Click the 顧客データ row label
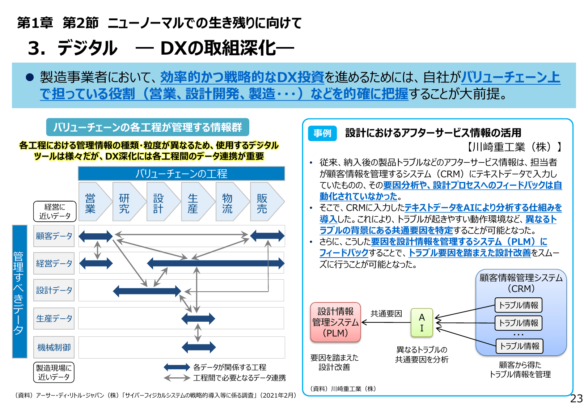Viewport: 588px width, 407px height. coord(54,236)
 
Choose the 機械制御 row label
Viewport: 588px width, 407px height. coord(54,347)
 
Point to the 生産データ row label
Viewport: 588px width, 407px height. coord(54,318)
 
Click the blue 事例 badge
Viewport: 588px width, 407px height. coord(322,133)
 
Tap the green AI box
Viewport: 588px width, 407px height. coord(422,323)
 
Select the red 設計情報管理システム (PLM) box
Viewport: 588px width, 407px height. coord(335,322)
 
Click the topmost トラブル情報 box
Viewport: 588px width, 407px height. coord(518,305)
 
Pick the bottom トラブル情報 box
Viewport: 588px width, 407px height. coord(519,346)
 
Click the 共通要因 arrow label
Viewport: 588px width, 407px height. coord(386,313)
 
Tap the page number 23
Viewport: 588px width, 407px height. coord(576,398)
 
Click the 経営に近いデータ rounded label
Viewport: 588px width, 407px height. coord(55,211)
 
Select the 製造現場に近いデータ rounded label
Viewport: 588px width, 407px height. coord(54,372)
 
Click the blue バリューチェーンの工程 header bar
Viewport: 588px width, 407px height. coord(181,174)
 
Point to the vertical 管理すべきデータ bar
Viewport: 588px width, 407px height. coord(20,292)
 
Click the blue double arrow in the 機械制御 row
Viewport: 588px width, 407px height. coord(199,347)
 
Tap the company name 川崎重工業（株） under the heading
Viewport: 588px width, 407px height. coord(513,147)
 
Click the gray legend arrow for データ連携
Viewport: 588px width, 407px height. coord(177,378)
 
